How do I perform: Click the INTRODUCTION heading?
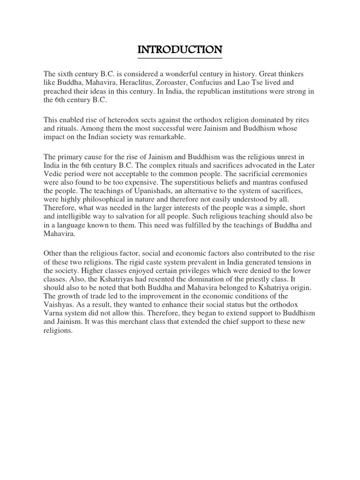180,49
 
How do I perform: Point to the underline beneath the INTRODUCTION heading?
180,58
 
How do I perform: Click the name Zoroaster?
171,82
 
